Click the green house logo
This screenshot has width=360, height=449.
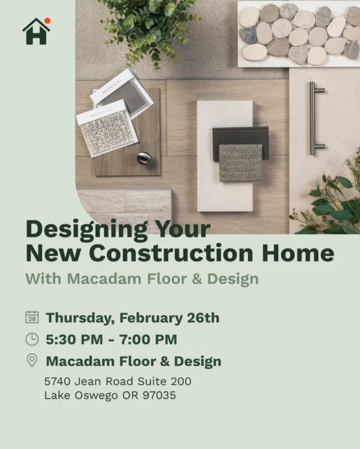click(36, 32)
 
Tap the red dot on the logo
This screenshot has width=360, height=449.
click(47, 21)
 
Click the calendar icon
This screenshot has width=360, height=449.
click(32, 317)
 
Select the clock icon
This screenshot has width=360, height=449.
click(32, 339)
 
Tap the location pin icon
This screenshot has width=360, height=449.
click(32, 360)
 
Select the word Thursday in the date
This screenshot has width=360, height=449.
click(79, 318)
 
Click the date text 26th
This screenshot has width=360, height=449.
click(202, 318)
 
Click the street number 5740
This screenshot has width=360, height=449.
click(57, 381)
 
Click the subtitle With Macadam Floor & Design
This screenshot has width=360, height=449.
click(142, 279)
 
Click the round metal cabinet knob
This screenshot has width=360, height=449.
click(143, 158)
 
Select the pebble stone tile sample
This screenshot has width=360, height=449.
click(299, 34)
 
